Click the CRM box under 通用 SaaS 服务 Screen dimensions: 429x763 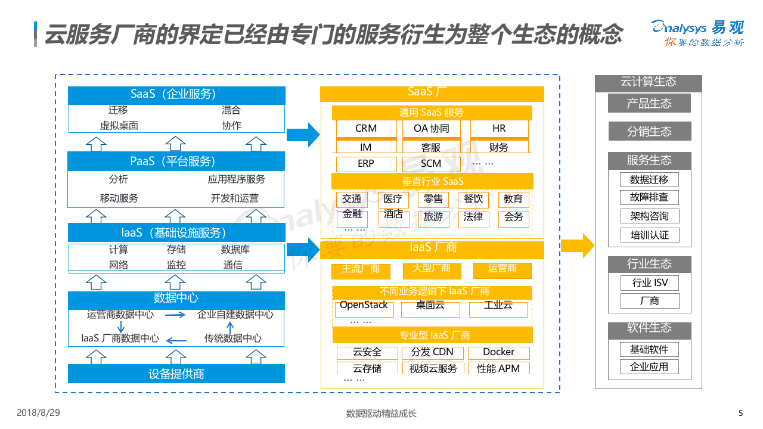point(366,129)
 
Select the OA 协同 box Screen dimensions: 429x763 point(432,129)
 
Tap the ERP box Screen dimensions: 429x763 point(366,164)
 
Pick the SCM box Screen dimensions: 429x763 point(431,164)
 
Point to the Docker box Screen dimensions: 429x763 point(498,352)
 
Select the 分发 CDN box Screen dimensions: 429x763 point(432,352)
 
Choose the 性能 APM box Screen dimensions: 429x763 point(498,368)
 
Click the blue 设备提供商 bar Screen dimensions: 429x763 point(176,374)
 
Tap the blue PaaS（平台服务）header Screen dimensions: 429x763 point(176,161)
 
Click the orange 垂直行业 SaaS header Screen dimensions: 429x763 point(432,181)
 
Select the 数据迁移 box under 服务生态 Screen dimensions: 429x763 point(649,179)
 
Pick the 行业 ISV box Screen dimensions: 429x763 point(649,283)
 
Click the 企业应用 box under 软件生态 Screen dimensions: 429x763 point(649,367)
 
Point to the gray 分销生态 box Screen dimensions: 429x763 point(649,132)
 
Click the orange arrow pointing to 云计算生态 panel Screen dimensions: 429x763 point(577,245)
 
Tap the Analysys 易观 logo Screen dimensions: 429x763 point(697,33)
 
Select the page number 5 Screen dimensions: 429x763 point(740,414)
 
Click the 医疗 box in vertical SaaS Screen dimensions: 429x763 point(393,199)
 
